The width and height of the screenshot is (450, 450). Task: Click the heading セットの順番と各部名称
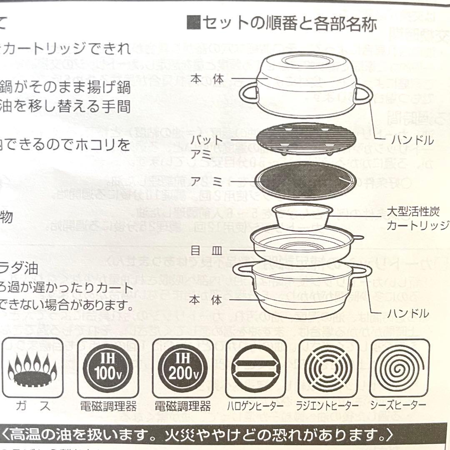282,24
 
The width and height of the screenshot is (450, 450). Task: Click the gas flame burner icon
33,368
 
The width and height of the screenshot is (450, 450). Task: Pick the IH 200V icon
182,368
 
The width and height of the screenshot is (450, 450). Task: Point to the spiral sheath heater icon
399,368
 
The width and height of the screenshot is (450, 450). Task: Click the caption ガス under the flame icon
34,405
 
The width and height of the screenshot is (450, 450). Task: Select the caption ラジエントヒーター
327,405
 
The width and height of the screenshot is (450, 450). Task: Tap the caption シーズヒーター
399,405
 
